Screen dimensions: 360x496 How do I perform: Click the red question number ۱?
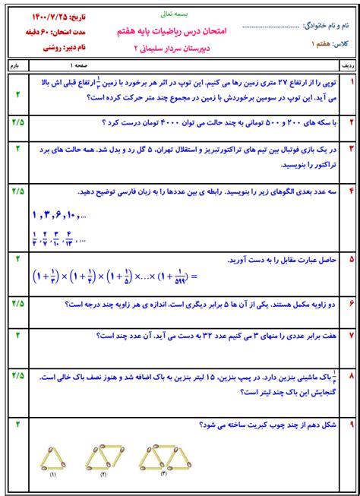(351, 81)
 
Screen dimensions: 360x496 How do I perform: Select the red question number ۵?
(351, 260)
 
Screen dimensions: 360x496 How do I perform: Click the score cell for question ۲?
(17, 122)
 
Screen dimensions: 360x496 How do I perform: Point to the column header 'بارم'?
(17, 67)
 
